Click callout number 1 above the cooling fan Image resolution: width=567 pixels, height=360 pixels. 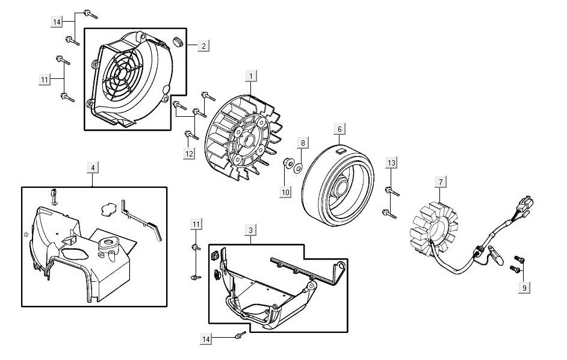(x=251, y=76)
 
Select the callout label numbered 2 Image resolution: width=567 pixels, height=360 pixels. (x=203, y=46)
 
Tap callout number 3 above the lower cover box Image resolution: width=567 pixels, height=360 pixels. (x=250, y=230)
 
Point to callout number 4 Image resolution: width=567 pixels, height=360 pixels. (x=93, y=168)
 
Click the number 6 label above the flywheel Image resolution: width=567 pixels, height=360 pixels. (x=339, y=129)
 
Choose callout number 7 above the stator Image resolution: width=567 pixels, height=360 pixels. (x=441, y=182)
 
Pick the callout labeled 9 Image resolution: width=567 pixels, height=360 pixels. (x=524, y=288)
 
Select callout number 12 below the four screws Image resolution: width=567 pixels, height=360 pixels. (x=189, y=154)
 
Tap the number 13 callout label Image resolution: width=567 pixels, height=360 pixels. (x=391, y=163)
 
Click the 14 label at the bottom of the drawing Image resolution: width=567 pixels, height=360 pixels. (x=206, y=340)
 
